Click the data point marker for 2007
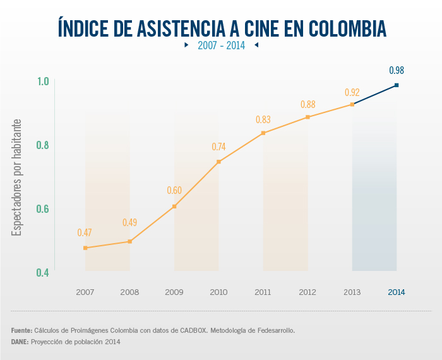(85, 248)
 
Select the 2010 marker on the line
(218, 162)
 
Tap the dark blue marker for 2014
(397, 85)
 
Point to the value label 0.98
(397, 70)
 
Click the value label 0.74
(218, 147)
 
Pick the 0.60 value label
(174, 191)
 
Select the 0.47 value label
(85, 232)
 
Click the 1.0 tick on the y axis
(42, 81)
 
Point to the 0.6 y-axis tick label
(42, 209)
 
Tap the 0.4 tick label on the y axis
(42, 273)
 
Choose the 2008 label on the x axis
(129, 292)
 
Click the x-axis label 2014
(397, 292)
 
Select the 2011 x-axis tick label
(263, 292)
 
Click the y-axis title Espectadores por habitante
(18, 177)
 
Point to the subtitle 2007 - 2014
(220, 45)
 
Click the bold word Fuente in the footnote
(21, 330)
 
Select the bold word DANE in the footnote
(20, 342)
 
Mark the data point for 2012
(308, 117)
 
